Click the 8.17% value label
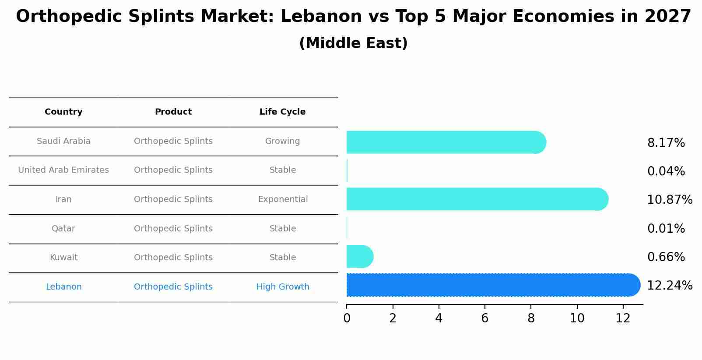(666, 143)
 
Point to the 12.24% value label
(669, 286)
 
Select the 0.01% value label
(666, 229)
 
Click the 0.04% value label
(666, 171)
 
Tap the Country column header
(63, 112)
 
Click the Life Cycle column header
(282, 112)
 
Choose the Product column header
(173, 112)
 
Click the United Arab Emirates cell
(63, 170)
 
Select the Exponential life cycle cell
(283, 199)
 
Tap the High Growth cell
(283, 287)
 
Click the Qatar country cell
(63, 229)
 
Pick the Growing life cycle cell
(282, 141)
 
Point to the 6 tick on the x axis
(484, 318)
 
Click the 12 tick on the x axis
(622, 318)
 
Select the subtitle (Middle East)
(353, 43)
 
